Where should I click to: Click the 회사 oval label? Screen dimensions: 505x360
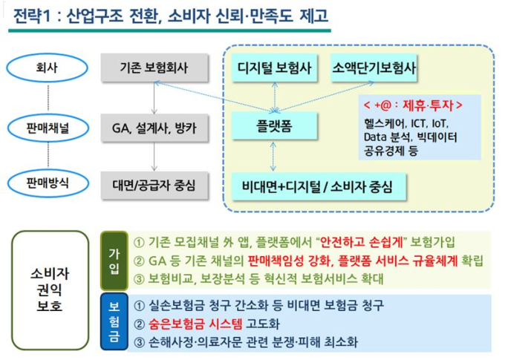tap(47, 68)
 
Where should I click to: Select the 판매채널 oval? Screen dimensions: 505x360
tap(48, 128)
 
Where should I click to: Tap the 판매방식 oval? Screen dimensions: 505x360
tap(48, 183)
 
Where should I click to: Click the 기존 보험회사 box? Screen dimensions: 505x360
tap(154, 68)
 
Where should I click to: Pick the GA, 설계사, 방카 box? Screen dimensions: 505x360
tap(154, 128)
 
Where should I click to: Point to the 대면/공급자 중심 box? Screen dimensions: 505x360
tap(154, 185)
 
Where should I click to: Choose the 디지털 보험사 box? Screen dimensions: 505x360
tap(274, 68)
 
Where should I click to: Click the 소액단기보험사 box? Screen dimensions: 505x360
tap(374, 68)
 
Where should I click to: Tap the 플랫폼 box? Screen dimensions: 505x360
tap(274, 125)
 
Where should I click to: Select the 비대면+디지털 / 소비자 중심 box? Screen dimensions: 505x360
tap(319, 187)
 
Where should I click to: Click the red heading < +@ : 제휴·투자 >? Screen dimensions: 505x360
tap(413, 105)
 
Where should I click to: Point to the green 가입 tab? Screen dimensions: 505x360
tap(114, 261)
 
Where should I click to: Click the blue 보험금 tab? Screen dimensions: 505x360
tap(114, 321)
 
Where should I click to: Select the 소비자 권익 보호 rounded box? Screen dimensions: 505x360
tap(50, 290)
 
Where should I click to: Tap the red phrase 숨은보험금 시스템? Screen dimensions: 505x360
tap(195, 324)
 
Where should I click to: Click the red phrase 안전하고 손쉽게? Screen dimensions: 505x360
tap(362, 242)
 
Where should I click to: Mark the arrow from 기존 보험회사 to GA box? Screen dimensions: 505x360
tap(154, 98)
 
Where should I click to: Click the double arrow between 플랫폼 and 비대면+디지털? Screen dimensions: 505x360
tap(273, 157)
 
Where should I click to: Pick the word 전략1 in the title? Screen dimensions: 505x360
tap(32, 16)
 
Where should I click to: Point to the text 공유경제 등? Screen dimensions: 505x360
tap(391, 151)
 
